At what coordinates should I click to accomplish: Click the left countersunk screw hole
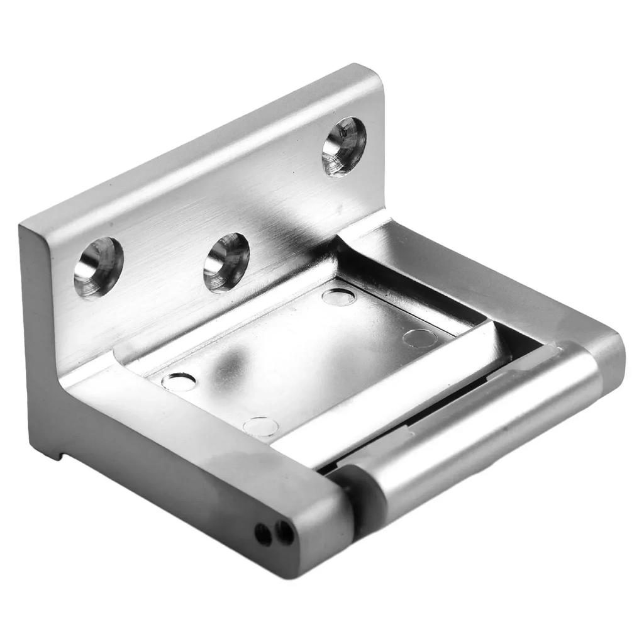point(98,267)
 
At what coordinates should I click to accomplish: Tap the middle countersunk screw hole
point(226,262)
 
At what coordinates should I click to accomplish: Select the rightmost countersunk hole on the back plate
point(343,146)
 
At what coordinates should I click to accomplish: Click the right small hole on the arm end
point(284,533)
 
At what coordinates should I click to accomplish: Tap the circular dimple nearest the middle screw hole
point(338,297)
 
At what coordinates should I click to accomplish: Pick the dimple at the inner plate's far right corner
point(419,338)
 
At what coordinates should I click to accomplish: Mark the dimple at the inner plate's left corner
point(179,381)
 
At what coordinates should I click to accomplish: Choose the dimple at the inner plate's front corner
point(260,427)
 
